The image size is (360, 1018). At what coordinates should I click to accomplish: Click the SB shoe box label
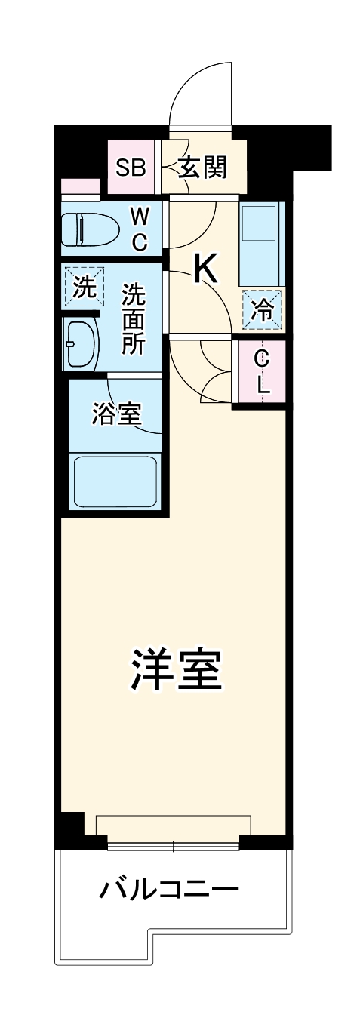coord(130,167)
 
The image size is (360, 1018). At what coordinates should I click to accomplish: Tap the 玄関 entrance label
coord(202,167)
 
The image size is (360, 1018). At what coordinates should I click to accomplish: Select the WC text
coord(140,229)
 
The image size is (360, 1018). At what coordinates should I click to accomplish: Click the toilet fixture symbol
coord(89,229)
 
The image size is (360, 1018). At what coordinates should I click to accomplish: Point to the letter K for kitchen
coord(205,269)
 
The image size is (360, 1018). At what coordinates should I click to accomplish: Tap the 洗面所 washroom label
coord(134,319)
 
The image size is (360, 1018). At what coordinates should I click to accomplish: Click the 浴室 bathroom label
coord(116,414)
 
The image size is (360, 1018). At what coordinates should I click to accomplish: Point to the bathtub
coord(116,481)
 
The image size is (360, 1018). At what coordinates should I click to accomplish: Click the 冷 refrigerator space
coord(262,310)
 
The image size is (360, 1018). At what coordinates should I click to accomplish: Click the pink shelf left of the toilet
coord(80,187)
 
